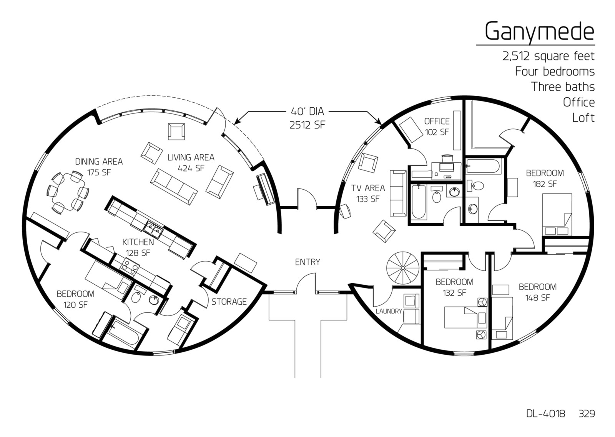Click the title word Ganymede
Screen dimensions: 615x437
coord(540,32)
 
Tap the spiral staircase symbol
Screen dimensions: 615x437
coord(402,268)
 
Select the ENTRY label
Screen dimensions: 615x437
coord(307,262)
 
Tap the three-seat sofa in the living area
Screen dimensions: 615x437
coord(174,187)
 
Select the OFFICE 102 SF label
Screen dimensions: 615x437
coord(437,127)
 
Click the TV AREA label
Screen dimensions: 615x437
coord(368,188)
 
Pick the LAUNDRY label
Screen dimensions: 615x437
coord(389,311)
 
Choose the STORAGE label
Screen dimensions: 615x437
coord(229,302)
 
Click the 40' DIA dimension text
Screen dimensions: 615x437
coord(307,111)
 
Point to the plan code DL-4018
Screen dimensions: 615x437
coord(545,421)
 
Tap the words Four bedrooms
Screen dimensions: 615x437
coord(555,72)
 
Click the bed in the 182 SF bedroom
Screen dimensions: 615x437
coord(557,215)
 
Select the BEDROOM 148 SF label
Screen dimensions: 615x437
coord(538,292)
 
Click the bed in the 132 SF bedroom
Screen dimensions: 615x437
coord(466,317)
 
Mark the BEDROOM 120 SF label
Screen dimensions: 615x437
coord(75,299)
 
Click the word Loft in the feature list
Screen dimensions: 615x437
coord(583,118)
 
